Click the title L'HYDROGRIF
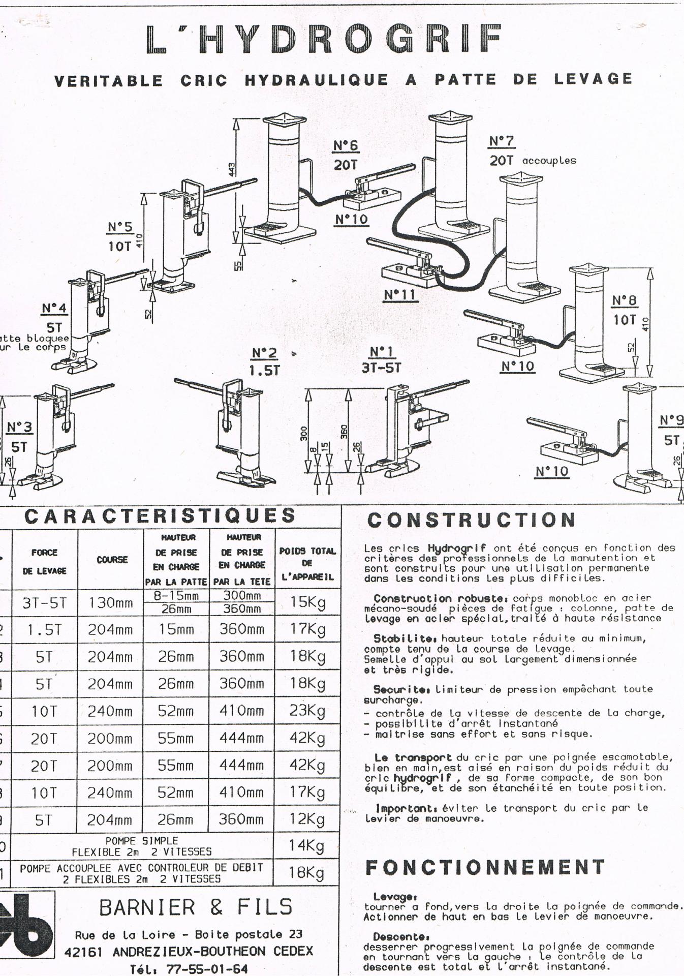tap(324, 39)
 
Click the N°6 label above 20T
tap(346, 146)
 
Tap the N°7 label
tap(502, 141)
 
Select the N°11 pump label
tap(399, 295)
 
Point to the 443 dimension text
tap(232, 169)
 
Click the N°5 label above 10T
tap(120, 227)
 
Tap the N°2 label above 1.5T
tap(264, 353)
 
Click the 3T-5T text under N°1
tap(381, 368)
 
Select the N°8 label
tap(624, 301)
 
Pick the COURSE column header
tap(112, 560)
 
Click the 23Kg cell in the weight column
tap(307, 710)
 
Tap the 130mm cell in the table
tap(111, 603)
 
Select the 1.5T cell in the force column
tap(44, 630)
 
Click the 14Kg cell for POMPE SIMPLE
tap(307, 845)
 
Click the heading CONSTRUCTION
tap(471, 520)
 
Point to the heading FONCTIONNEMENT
tap(485, 867)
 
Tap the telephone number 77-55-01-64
tap(207, 969)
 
